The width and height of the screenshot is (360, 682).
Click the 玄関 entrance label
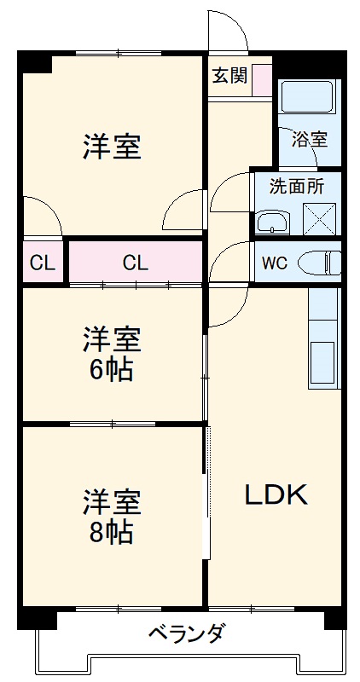(229, 75)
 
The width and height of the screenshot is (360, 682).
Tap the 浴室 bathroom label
(309, 139)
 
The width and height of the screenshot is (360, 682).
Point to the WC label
(274, 263)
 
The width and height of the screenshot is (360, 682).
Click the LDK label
(276, 494)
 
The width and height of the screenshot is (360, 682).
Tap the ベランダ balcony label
(186, 634)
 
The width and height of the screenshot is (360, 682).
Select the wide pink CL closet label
(135, 263)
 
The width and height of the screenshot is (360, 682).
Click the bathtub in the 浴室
(308, 99)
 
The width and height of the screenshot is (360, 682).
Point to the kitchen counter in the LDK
(323, 341)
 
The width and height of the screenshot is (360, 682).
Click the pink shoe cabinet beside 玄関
(261, 78)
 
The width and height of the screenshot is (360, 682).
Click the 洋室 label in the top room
(112, 147)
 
